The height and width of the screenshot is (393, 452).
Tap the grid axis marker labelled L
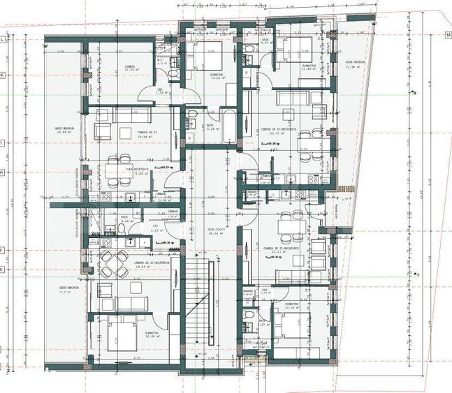point(3,40)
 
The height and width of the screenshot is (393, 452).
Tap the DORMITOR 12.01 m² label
point(216,76)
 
